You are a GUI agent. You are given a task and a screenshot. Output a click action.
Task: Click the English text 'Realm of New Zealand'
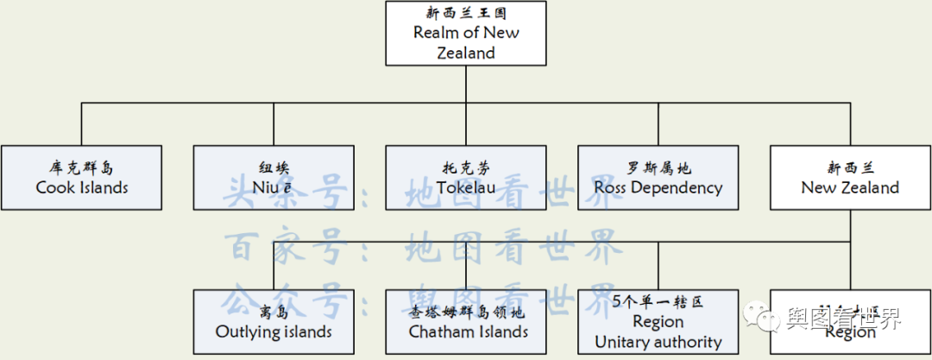pyautogui.click(x=466, y=42)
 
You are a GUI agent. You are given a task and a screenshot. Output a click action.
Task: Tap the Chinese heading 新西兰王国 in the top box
pyautogui.click(x=466, y=13)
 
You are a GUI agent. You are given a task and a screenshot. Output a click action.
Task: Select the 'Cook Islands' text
pyautogui.click(x=82, y=187)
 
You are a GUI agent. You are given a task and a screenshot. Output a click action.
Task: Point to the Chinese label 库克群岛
pyautogui.click(x=82, y=167)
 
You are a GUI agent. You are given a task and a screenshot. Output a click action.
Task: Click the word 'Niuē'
pyautogui.click(x=274, y=187)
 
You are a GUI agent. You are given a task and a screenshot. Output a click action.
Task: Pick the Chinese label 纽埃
pyautogui.click(x=274, y=167)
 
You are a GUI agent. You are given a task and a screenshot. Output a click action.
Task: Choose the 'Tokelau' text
pyautogui.click(x=466, y=187)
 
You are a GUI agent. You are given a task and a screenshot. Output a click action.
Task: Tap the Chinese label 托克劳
pyautogui.click(x=466, y=167)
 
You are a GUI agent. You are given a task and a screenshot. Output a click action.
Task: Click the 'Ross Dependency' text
pyautogui.click(x=658, y=187)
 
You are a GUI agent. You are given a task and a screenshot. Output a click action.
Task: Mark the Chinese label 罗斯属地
pyautogui.click(x=658, y=167)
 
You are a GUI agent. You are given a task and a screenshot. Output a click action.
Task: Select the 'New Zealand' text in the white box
pyautogui.click(x=850, y=187)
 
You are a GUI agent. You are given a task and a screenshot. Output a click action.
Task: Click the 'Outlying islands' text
pyautogui.click(x=274, y=332)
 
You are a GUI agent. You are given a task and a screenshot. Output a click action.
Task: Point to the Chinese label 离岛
pyautogui.click(x=274, y=312)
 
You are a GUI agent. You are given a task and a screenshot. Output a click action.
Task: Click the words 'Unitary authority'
pyautogui.click(x=658, y=342)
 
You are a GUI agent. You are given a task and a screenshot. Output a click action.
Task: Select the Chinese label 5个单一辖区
pyautogui.click(x=658, y=302)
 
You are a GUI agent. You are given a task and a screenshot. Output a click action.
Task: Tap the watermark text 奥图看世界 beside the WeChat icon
pyautogui.click(x=843, y=318)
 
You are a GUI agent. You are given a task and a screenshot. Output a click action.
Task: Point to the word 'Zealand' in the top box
pyautogui.click(x=466, y=53)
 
